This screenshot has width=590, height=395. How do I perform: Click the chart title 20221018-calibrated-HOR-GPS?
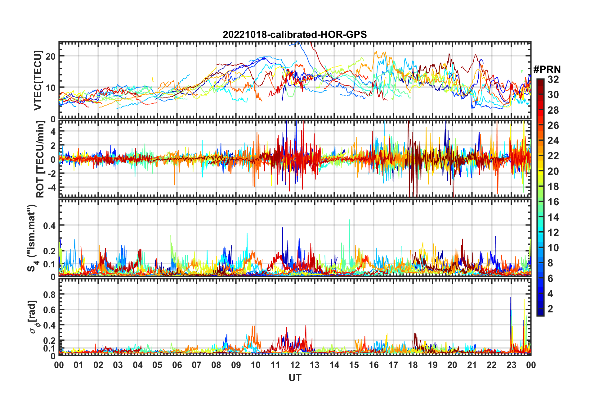[x=295, y=34]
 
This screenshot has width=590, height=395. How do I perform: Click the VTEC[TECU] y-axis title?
[x=38, y=80]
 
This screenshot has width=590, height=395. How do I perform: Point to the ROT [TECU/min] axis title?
[x=40, y=159]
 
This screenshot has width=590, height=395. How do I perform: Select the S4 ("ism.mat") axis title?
[x=32, y=238]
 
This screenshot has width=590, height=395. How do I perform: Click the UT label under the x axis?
[x=295, y=378]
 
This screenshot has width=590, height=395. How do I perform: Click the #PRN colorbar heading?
[x=547, y=69]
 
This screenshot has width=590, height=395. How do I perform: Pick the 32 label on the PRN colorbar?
[x=553, y=79]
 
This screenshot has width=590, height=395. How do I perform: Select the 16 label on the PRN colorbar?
[x=553, y=202]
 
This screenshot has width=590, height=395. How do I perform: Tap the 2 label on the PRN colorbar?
[x=550, y=309]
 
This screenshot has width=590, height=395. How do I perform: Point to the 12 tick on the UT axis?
[x=295, y=365]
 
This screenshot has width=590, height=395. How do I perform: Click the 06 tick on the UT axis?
[x=177, y=365]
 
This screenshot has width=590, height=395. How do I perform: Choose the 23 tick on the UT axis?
[x=511, y=365]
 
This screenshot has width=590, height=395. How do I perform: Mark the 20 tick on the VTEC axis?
[x=51, y=56]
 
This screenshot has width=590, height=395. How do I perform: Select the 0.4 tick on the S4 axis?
[x=49, y=225]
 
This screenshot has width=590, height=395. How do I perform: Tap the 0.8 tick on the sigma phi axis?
[x=49, y=294]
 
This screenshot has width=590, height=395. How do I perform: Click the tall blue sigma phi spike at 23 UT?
[x=511, y=298]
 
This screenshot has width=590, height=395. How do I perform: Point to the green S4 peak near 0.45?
[x=349, y=220]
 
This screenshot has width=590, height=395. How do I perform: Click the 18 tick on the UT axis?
[x=413, y=365]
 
